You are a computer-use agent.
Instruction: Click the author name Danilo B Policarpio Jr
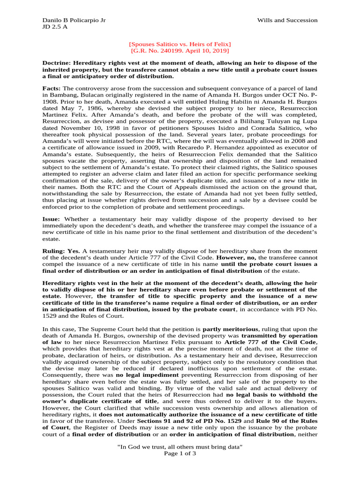click(74, 20)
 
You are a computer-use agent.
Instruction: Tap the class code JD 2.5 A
click(55, 27)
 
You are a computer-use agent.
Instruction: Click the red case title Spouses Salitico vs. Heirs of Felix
click(180, 44)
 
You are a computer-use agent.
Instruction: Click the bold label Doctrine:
click(58, 63)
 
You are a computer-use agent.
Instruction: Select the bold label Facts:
click(52, 88)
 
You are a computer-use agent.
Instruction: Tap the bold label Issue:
click(52, 219)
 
